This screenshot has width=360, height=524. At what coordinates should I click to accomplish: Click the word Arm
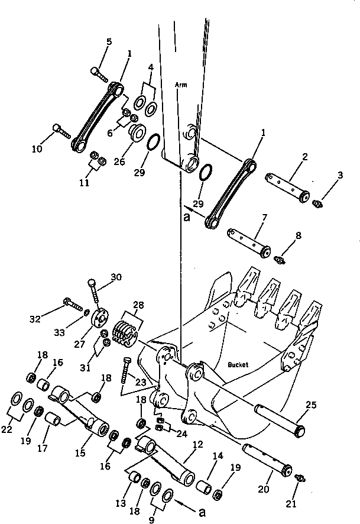181,85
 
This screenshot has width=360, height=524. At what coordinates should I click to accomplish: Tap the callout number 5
109,41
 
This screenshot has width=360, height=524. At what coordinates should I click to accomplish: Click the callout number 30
116,277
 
